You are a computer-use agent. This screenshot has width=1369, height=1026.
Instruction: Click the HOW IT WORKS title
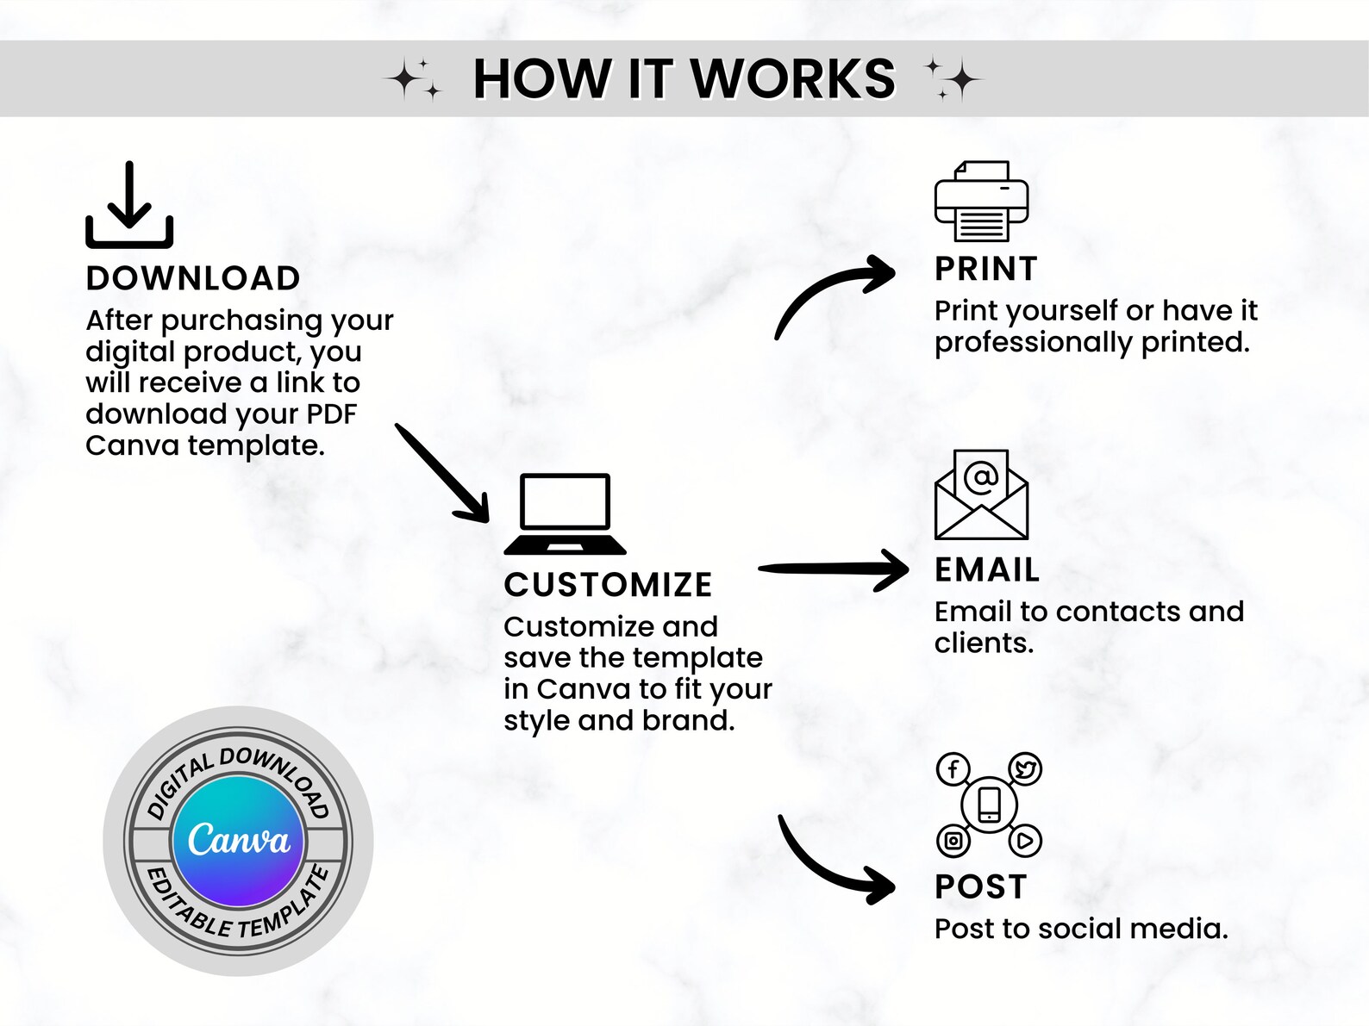click(684, 78)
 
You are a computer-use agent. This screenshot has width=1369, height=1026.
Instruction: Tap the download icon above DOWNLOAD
click(129, 205)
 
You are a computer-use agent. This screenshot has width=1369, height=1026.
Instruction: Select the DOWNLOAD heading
click(193, 278)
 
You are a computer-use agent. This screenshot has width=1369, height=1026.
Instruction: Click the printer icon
click(981, 202)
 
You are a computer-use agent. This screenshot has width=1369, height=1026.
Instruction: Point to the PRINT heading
click(985, 269)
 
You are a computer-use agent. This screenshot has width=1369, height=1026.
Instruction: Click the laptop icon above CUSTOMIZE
click(565, 514)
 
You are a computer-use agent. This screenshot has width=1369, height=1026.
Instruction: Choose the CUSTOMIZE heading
click(608, 585)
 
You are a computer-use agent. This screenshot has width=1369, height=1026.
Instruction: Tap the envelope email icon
click(981, 494)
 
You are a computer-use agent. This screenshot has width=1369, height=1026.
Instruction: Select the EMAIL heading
click(987, 570)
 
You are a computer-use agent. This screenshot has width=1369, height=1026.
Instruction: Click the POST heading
click(980, 886)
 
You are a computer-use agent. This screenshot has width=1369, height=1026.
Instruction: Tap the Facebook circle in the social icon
click(953, 769)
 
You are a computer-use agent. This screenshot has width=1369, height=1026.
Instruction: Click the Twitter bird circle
click(1025, 769)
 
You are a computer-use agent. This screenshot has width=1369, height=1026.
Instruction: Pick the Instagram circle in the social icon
click(953, 841)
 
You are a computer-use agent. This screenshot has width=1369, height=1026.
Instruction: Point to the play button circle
click(1025, 841)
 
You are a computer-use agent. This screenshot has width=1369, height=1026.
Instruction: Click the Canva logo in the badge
click(238, 841)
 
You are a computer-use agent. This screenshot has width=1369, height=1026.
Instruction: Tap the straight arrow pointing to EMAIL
click(834, 568)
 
